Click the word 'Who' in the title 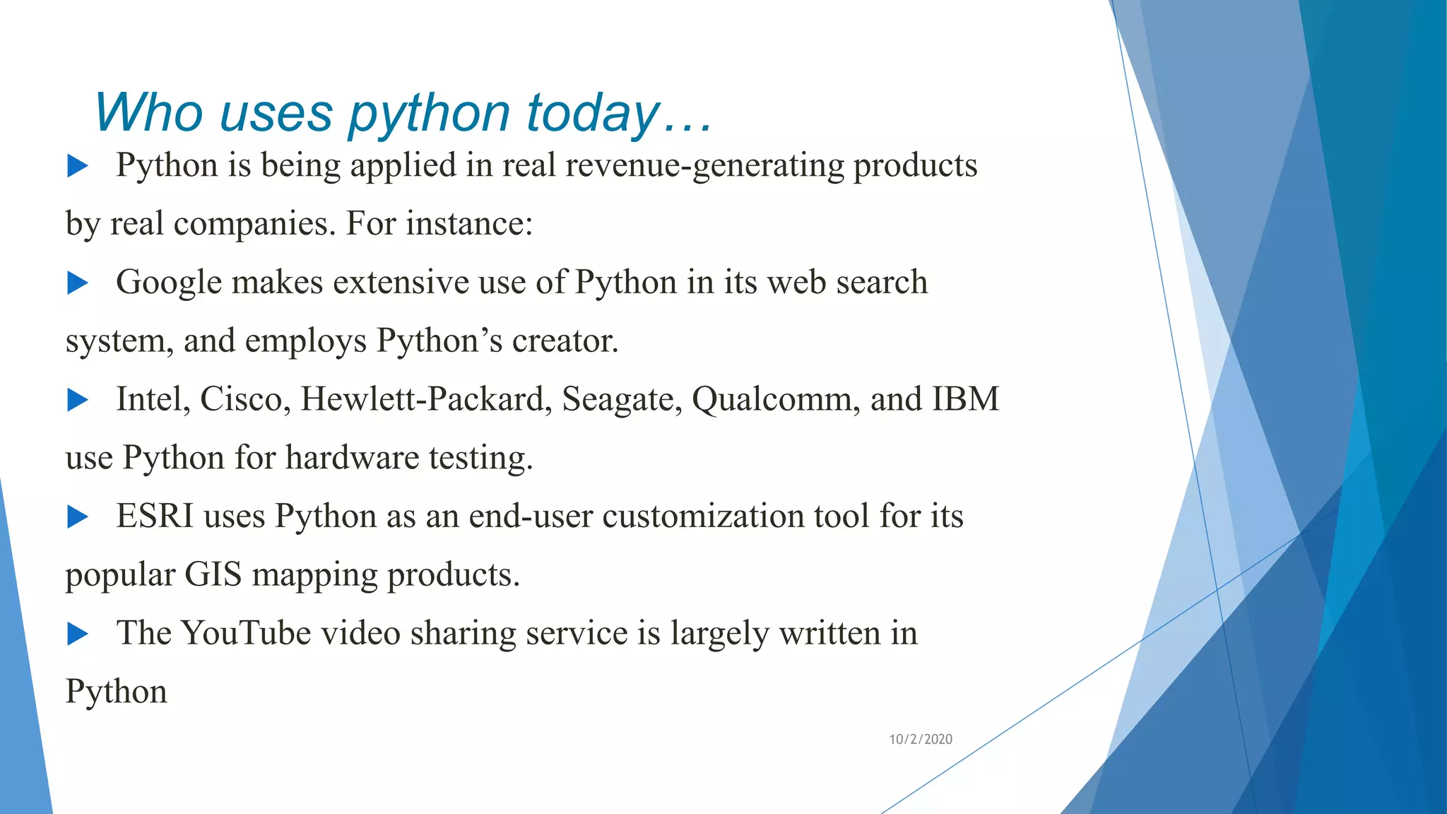[148, 113]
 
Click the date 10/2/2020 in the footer [921, 739]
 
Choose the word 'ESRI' [155, 516]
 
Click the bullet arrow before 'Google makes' [77, 283]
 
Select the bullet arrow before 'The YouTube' [77, 634]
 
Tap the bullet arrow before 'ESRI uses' [77, 517]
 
